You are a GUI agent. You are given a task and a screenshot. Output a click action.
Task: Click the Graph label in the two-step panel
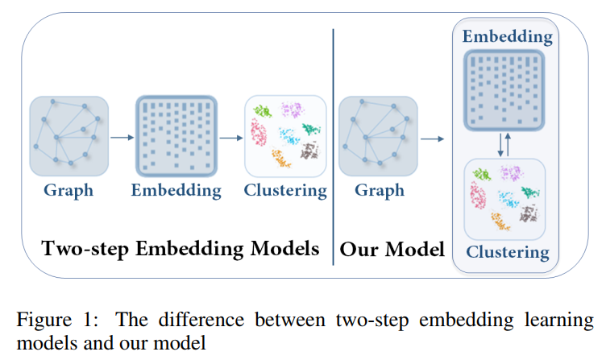(x=68, y=191)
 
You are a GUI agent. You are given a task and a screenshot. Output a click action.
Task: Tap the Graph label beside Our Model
(x=378, y=191)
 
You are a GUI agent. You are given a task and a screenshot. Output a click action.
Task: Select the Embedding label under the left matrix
(x=176, y=191)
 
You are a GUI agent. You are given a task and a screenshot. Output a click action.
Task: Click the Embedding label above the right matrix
(x=506, y=37)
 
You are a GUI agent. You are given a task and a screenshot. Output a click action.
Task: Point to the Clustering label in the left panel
(x=286, y=191)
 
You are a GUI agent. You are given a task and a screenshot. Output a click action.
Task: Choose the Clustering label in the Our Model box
(x=506, y=252)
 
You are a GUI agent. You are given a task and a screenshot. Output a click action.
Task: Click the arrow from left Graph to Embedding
(x=121, y=138)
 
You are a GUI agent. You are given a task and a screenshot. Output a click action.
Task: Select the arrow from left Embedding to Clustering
(x=231, y=138)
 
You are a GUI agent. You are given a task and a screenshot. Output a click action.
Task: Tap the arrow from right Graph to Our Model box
(x=433, y=139)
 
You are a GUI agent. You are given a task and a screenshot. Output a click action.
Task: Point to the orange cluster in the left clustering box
(x=280, y=159)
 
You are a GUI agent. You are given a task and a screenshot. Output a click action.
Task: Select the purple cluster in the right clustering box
(x=509, y=173)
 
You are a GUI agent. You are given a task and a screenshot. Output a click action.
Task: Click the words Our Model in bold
(x=392, y=249)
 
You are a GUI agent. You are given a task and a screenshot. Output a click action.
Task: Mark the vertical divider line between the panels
(x=333, y=145)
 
